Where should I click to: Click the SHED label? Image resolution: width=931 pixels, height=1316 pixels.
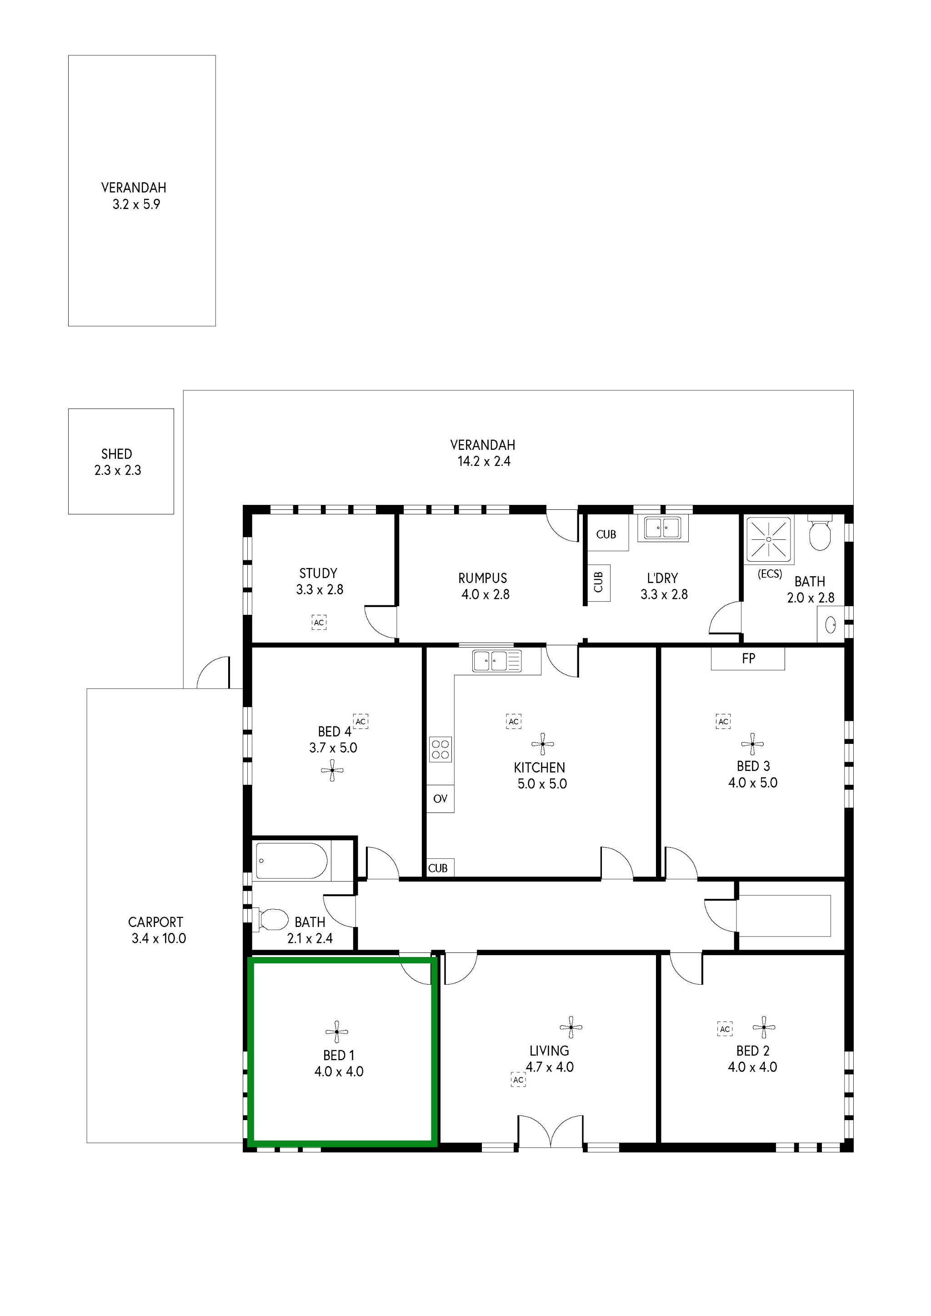116,454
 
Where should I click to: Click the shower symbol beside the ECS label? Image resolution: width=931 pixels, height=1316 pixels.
768,539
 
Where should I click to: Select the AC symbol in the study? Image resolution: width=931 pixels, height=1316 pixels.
319,623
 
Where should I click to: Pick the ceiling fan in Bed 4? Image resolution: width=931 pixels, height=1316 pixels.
332,770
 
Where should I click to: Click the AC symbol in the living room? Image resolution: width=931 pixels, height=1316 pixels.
518,1080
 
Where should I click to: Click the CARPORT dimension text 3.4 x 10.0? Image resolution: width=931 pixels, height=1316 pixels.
159,938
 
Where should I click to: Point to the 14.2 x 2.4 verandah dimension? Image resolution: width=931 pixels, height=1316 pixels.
483,461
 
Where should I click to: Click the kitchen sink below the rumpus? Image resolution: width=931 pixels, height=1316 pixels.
496,661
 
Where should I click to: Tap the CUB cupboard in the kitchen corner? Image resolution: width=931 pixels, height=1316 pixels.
439,868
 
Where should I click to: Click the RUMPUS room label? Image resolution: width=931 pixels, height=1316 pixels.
482,578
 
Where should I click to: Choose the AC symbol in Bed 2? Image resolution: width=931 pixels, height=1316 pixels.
725,1029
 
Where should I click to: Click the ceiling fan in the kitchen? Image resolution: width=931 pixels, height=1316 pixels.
542,744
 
